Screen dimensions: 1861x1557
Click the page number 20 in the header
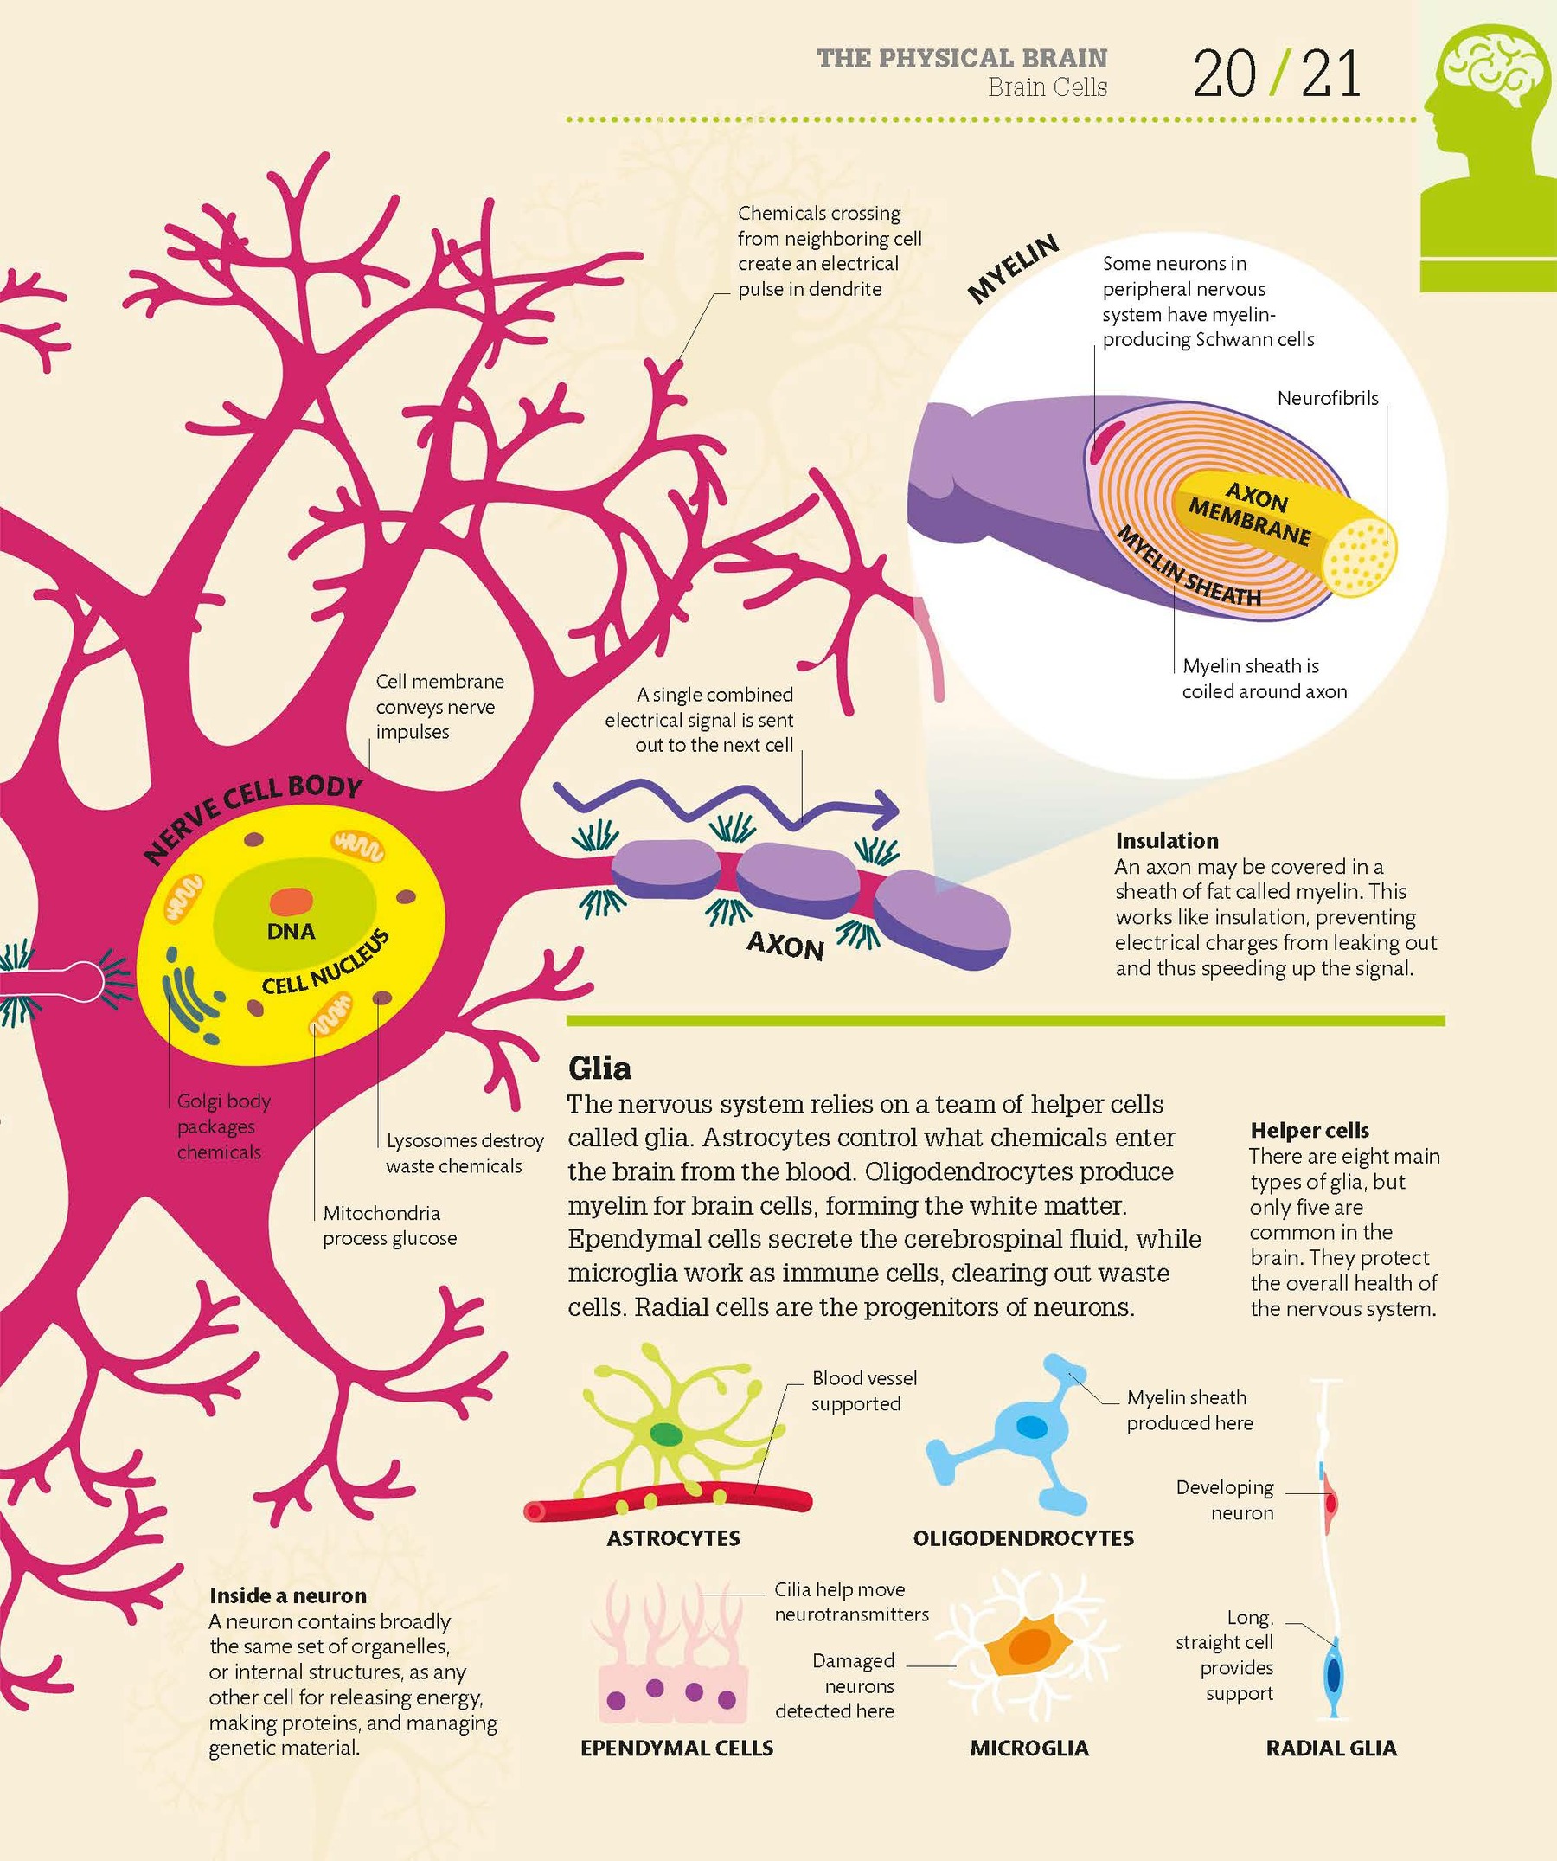[x=1224, y=74]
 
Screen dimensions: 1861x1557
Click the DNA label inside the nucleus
[x=291, y=932]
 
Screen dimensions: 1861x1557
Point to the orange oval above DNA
[x=292, y=902]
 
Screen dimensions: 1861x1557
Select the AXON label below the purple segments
[x=785, y=947]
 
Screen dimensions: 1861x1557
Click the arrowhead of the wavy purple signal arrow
[x=887, y=807]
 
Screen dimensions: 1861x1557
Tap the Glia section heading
[x=600, y=1068]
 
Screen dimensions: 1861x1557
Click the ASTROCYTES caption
[x=674, y=1538]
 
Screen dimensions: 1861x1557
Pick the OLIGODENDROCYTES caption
[x=1023, y=1538]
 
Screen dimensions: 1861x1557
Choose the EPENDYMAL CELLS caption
[x=677, y=1748]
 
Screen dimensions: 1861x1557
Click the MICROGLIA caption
[x=1028, y=1748]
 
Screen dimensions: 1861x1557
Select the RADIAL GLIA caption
[x=1331, y=1748]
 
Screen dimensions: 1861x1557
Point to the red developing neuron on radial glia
[x=1331, y=1503]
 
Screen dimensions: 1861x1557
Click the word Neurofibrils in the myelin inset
[x=1328, y=399]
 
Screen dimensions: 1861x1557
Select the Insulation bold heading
[x=1166, y=841]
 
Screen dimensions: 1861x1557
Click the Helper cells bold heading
[x=1309, y=1131]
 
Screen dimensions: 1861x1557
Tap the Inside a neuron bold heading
[x=288, y=1596]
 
